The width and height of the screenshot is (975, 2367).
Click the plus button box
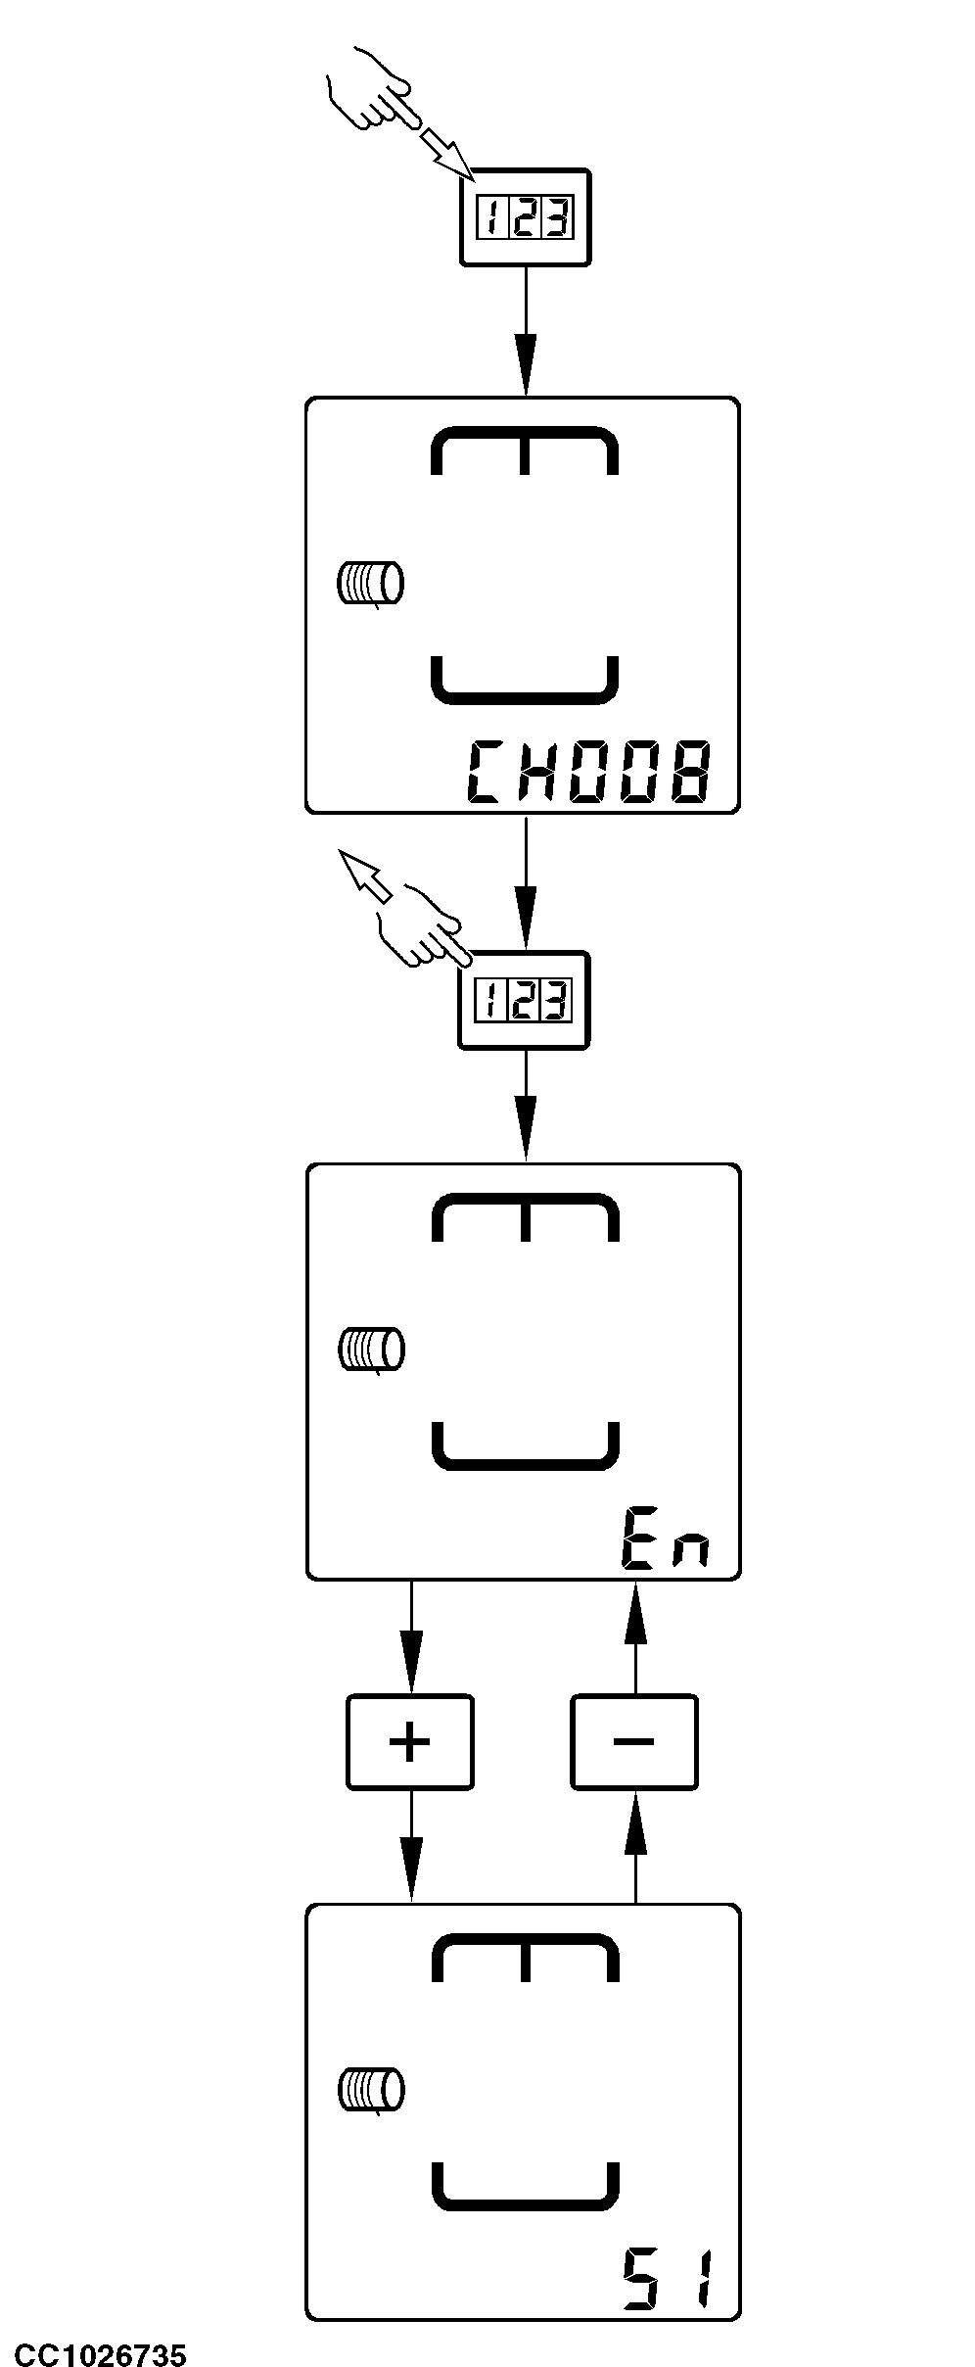click(x=410, y=1742)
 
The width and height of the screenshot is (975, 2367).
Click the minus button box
click(x=634, y=1742)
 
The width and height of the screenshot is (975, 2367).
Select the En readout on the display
click(x=663, y=1540)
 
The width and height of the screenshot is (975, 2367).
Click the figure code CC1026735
click(x=94, y=2346)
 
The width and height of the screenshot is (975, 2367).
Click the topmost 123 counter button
click(x=526, y=216)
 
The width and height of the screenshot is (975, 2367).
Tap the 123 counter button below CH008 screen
click(x=525, y=1000)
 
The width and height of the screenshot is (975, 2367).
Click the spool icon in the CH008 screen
click(x=370, y=585)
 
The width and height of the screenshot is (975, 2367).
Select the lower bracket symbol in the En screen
click(x=525, y=1445)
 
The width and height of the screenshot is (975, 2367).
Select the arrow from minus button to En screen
click(x=635, y=1635)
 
